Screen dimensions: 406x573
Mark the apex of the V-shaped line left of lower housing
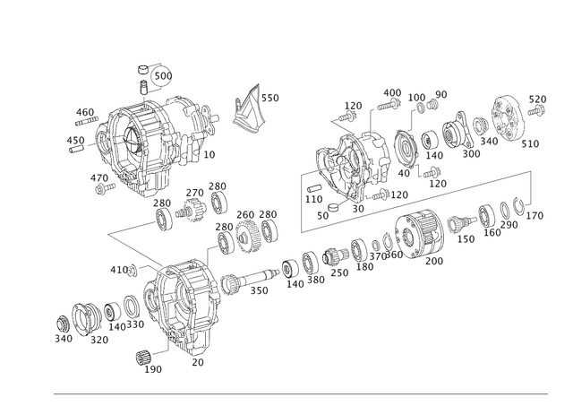click(107, 233)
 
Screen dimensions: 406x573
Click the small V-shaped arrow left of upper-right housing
click(332, 121)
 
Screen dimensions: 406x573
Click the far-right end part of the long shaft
click(537, 212)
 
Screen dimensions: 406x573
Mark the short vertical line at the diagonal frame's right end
click(535, 188)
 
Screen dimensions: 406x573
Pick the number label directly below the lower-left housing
click(198, 360)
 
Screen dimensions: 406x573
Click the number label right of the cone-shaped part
click(272, 97)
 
